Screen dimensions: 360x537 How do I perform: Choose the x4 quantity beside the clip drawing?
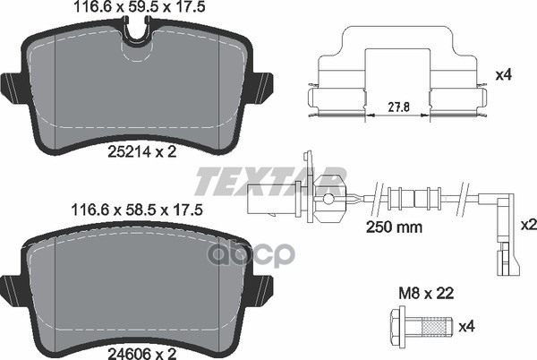pyautogui.click(x=504, y=78)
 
